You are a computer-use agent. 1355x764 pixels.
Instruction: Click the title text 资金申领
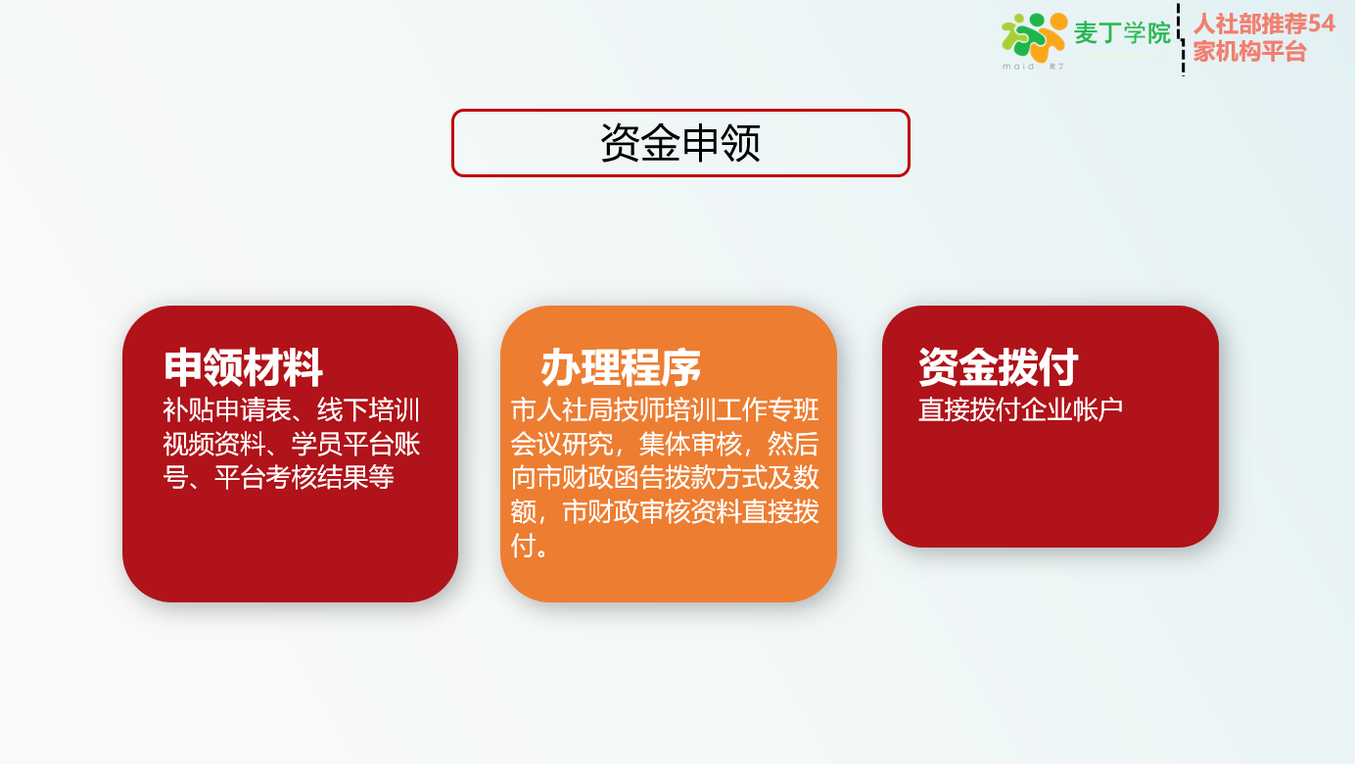click(x=680, y=143)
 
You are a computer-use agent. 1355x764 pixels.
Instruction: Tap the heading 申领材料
click(x=243, y=367)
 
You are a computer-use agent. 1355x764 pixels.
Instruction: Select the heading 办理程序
click(x=621, y=367)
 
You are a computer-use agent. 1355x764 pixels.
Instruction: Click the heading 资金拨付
click(x=998, y=367)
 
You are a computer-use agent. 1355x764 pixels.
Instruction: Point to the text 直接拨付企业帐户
click(x=1020, y=409)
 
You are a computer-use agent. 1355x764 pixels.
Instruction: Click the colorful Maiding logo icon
click(x=1035, y=37)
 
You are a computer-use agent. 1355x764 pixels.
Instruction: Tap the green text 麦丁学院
click(x=1122, y=32)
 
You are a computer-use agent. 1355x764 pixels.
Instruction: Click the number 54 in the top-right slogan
click(x=1321, y=24)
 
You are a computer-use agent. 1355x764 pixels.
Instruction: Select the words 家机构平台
click(x=1249, y=52)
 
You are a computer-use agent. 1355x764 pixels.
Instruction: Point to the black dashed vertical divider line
click(x=1182, y=39)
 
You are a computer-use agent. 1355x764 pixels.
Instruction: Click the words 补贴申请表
click(x=227, y=409)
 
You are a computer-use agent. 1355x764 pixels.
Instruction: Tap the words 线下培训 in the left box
click(x=368, y=409)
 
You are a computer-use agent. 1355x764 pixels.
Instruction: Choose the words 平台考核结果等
click(x=304, y=477)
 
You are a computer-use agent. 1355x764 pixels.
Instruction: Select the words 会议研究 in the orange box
click(x=562, y=444)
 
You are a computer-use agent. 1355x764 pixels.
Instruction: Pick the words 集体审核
click(x=691, y=444)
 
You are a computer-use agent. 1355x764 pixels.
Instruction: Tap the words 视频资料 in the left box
click(x=214, y=444)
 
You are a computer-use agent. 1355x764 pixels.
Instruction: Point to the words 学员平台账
click(x=355, y=444)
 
